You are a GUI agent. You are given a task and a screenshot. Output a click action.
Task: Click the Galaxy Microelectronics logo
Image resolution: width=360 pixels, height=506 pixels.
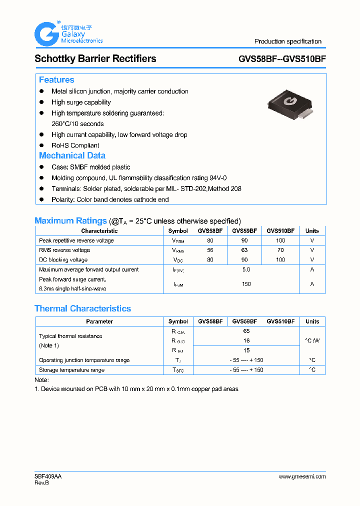[x=68, y=33]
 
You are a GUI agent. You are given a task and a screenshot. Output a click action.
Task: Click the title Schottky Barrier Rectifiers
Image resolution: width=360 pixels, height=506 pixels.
[x=95, y=58]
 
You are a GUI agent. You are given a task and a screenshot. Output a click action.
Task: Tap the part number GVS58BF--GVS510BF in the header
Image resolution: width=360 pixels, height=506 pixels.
[x=282, y=59]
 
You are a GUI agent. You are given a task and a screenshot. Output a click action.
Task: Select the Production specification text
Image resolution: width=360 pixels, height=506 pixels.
[x=287, y=41]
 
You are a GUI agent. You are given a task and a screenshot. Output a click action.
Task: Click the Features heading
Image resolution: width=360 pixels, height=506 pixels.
[x=56, y=80]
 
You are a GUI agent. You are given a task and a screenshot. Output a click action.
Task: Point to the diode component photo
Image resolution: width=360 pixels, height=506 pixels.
[x=289, y=105]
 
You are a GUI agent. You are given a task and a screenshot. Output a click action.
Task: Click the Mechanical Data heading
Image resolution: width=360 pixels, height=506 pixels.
[x=72, y=155]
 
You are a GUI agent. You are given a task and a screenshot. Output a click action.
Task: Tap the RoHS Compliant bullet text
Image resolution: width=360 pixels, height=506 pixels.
[x=75, y=145]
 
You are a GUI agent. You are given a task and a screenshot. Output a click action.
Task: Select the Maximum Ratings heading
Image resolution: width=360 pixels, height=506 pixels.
[x=70, y=220]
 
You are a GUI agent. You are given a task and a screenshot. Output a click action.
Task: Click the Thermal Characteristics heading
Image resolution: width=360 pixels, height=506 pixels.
[x=82, y=308]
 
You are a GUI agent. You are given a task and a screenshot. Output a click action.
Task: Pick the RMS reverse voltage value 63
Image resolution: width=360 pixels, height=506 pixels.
[x=244, y=250]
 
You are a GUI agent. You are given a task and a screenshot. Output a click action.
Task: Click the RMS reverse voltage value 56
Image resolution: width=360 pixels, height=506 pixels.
[x=210, y=250]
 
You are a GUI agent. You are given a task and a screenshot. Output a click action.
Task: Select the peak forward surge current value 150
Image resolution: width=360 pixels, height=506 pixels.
[x=245, y=284]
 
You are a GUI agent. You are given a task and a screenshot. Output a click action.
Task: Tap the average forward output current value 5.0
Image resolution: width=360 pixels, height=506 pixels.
[x=245, y=269]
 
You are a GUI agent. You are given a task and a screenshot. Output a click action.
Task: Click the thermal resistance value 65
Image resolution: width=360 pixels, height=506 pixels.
[x=246, y=331]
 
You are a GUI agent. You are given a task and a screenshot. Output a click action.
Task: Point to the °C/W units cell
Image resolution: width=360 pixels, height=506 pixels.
[x=312, y=340]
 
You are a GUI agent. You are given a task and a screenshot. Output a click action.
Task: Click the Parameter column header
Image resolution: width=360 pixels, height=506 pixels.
[x=99, y=321]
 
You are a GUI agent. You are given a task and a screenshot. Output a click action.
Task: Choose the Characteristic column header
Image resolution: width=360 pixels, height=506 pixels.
[x=99, y=231]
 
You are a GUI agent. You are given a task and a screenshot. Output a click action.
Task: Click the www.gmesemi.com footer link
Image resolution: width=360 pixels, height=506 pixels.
[x=302, y=476]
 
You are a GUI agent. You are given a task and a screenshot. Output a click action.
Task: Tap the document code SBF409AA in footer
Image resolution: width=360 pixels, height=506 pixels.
[x=48, y=476]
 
